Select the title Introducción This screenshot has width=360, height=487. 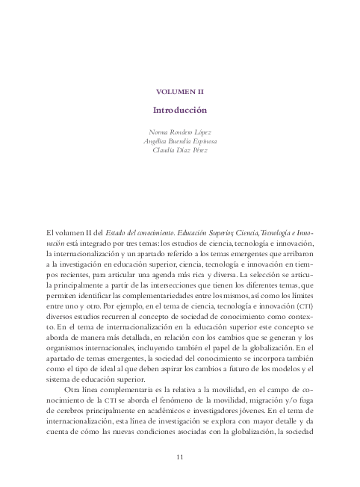coord(180,109)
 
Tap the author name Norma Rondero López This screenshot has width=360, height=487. coord(180,131)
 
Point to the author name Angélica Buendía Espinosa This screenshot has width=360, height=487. coord(180,140)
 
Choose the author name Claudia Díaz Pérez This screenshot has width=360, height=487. coord(180,149)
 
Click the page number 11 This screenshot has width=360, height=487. coord(180,456)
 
